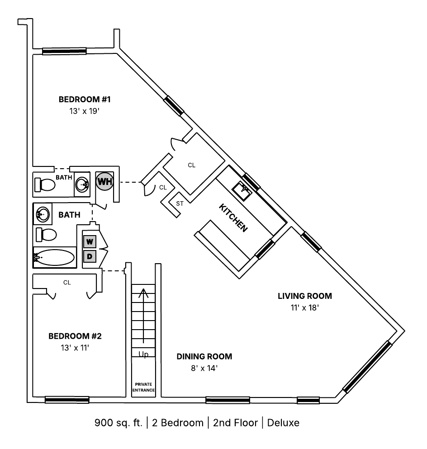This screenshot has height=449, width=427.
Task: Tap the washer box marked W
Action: [x=90, y=241]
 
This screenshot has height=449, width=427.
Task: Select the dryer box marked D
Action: [x=90, y=256]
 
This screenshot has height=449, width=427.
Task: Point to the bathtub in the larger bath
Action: [x=54, y=258]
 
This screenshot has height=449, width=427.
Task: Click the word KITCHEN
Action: [x=233, y=218]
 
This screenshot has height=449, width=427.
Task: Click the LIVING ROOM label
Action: [x=305, y=296]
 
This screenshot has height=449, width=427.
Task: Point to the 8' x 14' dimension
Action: [x=204, y=368]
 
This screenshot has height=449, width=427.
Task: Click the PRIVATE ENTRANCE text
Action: [x=143, y=387]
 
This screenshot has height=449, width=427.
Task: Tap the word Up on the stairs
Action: [x=143, y=354]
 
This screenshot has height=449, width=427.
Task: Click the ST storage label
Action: [x=180, y=203]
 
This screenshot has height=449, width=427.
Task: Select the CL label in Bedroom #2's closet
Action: [x=67, y=283]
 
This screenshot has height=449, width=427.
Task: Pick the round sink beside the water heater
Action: [x=82, y=184]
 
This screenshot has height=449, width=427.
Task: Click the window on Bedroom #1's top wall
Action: [x=64, y=51]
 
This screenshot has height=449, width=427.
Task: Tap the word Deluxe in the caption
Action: [x=283, y=423]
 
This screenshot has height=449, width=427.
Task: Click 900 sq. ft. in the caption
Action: [x=118, y=423]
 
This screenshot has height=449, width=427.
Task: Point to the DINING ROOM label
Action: [x=204, y=356]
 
